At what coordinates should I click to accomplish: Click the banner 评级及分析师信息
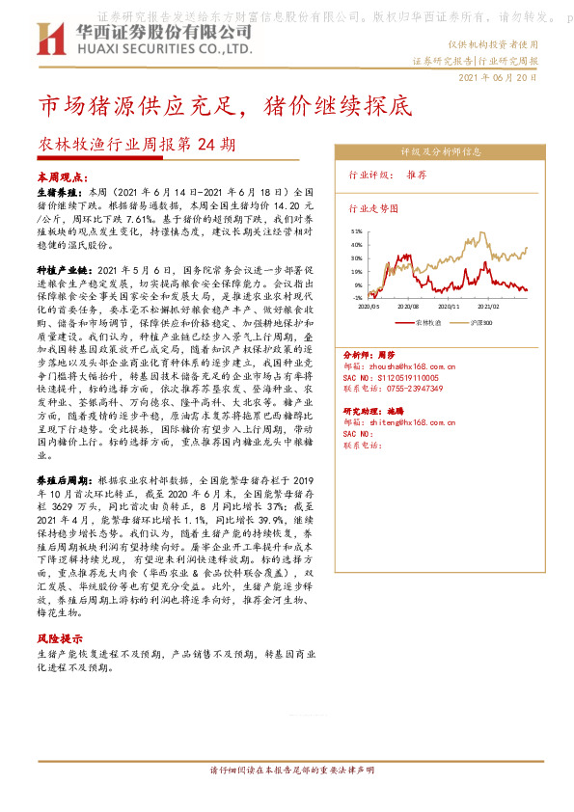[x=440, y=151]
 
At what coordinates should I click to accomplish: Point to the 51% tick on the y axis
[x=356, y=232]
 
